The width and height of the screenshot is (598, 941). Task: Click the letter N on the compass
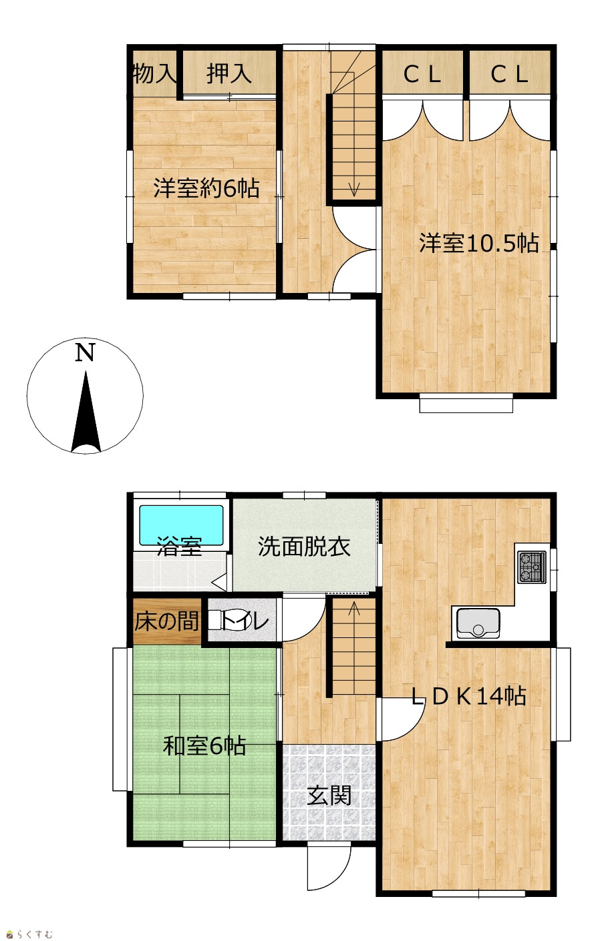tap(85, 352)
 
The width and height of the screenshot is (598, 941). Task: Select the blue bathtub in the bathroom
tap(181, 525)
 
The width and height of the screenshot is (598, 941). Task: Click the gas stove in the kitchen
tap(532, 567)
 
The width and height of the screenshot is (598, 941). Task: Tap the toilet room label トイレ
tap(245, 621)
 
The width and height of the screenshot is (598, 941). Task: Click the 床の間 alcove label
tap(167, 621)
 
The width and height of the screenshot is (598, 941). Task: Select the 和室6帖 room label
tap(204, 746)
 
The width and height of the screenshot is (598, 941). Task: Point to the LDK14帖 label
tap(468, 696)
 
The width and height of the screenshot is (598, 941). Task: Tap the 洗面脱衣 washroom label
tap(304, 547)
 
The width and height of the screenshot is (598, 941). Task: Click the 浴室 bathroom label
tap(180, 547)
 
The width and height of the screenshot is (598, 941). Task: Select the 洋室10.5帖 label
tap(478, 243)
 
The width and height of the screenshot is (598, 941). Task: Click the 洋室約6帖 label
tap(206, 188)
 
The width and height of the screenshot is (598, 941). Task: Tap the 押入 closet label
tap(229, 73)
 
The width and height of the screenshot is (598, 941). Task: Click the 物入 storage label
tap(154, 73)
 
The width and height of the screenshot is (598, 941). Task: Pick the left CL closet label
tap(422, 75)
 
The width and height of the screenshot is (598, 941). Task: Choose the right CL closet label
tap(509, 75)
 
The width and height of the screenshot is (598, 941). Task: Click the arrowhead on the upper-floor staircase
tap(354, 191)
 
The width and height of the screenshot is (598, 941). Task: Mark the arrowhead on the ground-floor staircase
tap(354, 608)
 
